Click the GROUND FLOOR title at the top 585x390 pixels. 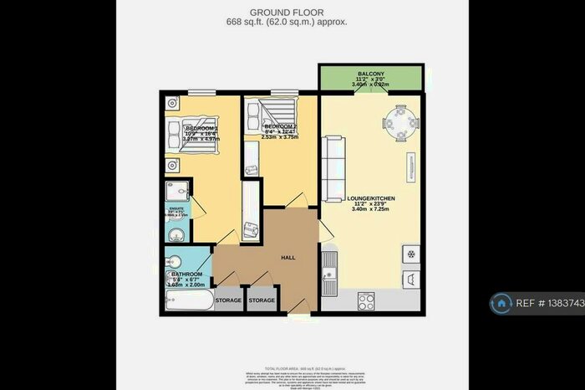[292, 13]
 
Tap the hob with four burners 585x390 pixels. [367, 299]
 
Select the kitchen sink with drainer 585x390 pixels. [330, 272]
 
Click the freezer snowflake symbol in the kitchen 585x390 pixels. [410, 253]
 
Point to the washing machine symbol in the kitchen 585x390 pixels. [410, 280]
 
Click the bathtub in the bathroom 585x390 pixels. [188, 300]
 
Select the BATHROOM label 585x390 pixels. [187, 274]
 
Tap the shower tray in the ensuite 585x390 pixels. [177, 189]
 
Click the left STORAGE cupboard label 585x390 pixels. [228, 300]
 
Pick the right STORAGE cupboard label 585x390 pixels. [262, 300]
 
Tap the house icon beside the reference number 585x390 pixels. [503, 303]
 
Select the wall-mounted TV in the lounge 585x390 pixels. [411, 166]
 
